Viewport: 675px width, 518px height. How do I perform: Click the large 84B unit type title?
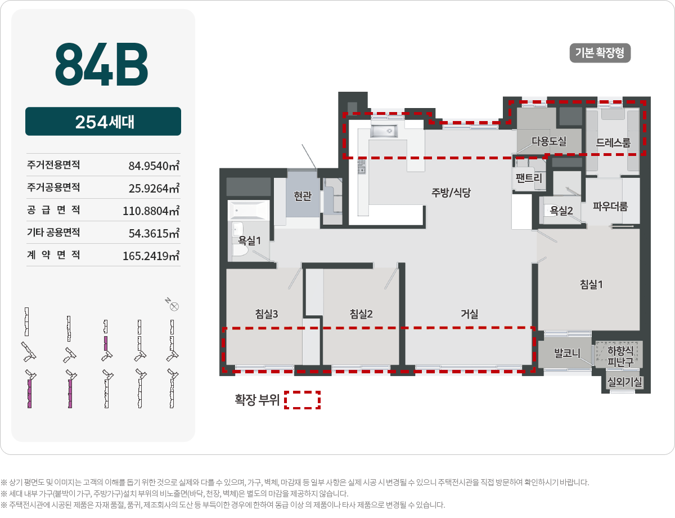click(102, 64)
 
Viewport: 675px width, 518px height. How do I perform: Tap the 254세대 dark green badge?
click(103, 122)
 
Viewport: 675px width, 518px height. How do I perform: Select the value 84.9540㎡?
click(154, 166)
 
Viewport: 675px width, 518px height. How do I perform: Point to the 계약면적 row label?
click(53, 255)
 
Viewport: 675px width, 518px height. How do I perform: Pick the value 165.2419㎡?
click(151, 256)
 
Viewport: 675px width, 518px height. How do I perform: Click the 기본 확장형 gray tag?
click(600, 53)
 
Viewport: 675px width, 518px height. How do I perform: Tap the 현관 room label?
click(303, 196)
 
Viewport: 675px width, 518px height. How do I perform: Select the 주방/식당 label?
click(451, 193)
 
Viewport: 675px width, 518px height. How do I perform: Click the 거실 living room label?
click(470, 314)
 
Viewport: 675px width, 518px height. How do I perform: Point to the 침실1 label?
click(591, 284)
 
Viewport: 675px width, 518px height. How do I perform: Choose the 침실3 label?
click(267, 314)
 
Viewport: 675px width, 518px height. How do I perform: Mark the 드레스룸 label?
click(613, 142)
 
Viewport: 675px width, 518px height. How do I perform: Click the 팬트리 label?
click(529, 179)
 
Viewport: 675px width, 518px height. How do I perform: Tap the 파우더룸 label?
click(610, 206)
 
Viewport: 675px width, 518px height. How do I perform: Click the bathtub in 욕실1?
click(248, 211)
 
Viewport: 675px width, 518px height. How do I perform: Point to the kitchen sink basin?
click(384, 131)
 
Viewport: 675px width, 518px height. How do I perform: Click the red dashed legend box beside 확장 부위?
click(302, 400)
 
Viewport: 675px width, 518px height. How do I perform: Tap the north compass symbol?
click(174, 306)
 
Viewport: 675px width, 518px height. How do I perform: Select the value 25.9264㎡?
click(154, 188)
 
